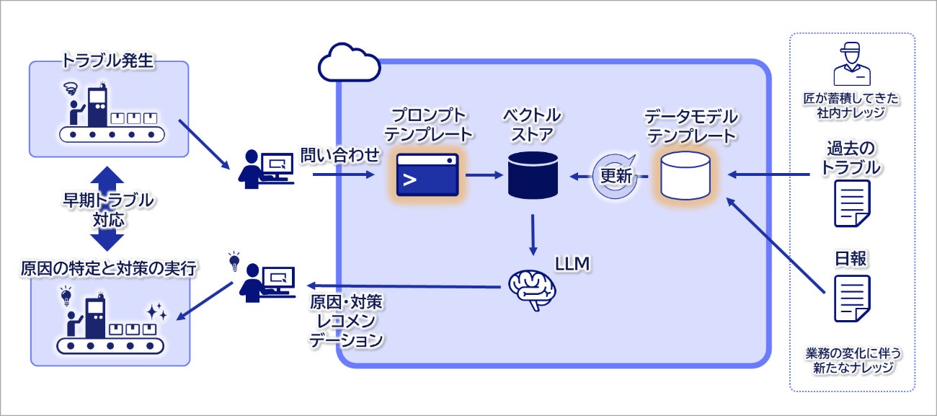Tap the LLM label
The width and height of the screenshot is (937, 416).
coord(573,265)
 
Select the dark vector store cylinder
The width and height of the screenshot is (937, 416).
coord(533,174)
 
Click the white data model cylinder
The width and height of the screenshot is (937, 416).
coord(685,175)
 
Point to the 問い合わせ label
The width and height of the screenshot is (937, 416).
coord(339,154)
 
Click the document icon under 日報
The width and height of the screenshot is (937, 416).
coord(851,298)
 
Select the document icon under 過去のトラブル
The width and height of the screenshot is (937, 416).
coord(851,203)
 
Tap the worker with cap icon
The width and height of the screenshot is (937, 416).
coord(851,65)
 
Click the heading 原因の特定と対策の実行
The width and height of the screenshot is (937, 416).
coord(109,268)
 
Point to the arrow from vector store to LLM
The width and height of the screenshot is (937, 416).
coord(533,233)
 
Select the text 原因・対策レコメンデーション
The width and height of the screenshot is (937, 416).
coord(346,321)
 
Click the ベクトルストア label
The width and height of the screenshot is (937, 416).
coord(533,124)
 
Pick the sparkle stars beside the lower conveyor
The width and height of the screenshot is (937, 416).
coord(156,311)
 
